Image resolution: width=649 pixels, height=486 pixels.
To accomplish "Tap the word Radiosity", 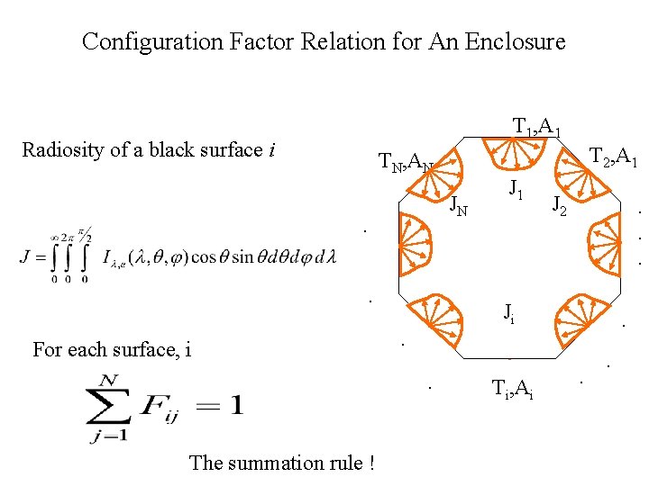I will [x=59, y=150].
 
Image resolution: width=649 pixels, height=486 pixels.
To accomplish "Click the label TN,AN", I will [x=406, y=163].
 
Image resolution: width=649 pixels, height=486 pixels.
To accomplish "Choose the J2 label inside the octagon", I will [x=560, y=207].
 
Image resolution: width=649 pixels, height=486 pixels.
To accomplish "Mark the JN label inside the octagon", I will [x=459, y=208].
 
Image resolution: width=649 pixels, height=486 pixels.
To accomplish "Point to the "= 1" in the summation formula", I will [x=222, y=406].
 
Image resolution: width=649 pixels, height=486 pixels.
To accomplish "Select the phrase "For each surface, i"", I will [x=112, y=349].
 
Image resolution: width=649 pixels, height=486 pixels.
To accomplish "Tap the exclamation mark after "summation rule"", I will [x=370, y=463].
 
